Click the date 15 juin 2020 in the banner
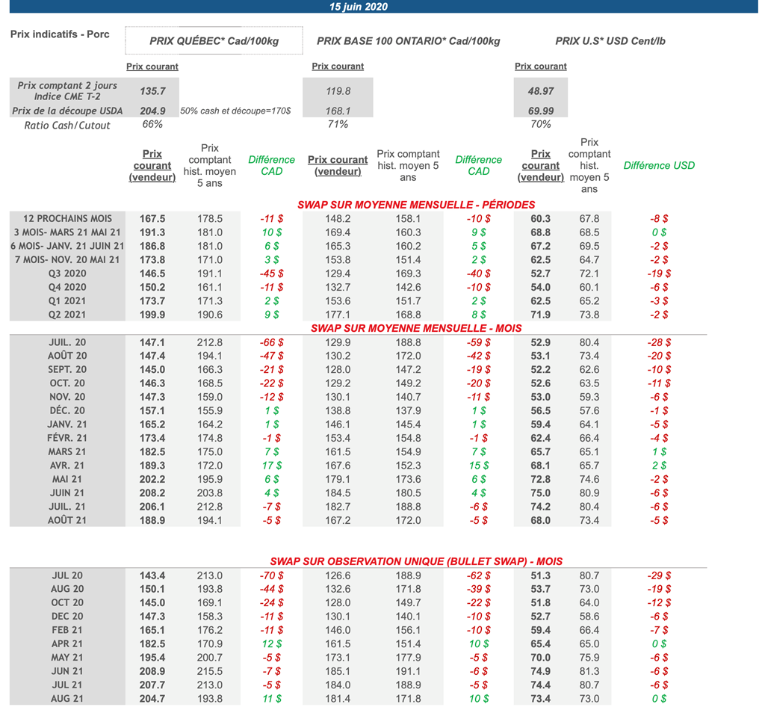pos(359,7)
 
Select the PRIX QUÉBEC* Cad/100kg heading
pos(214,41)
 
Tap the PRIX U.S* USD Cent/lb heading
pos(610,41)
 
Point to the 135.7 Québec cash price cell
pos(152,90)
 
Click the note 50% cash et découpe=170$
pos(235,111)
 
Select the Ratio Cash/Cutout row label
pos(67,125)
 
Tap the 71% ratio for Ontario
pos(338,124)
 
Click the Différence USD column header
pos(659,165)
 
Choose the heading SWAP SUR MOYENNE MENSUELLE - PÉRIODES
pos(416,205)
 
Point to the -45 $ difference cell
pos(270,274)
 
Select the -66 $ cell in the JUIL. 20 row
pos(270,342)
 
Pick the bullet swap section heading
pos(416,561)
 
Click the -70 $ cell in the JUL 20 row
pos(270,575)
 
